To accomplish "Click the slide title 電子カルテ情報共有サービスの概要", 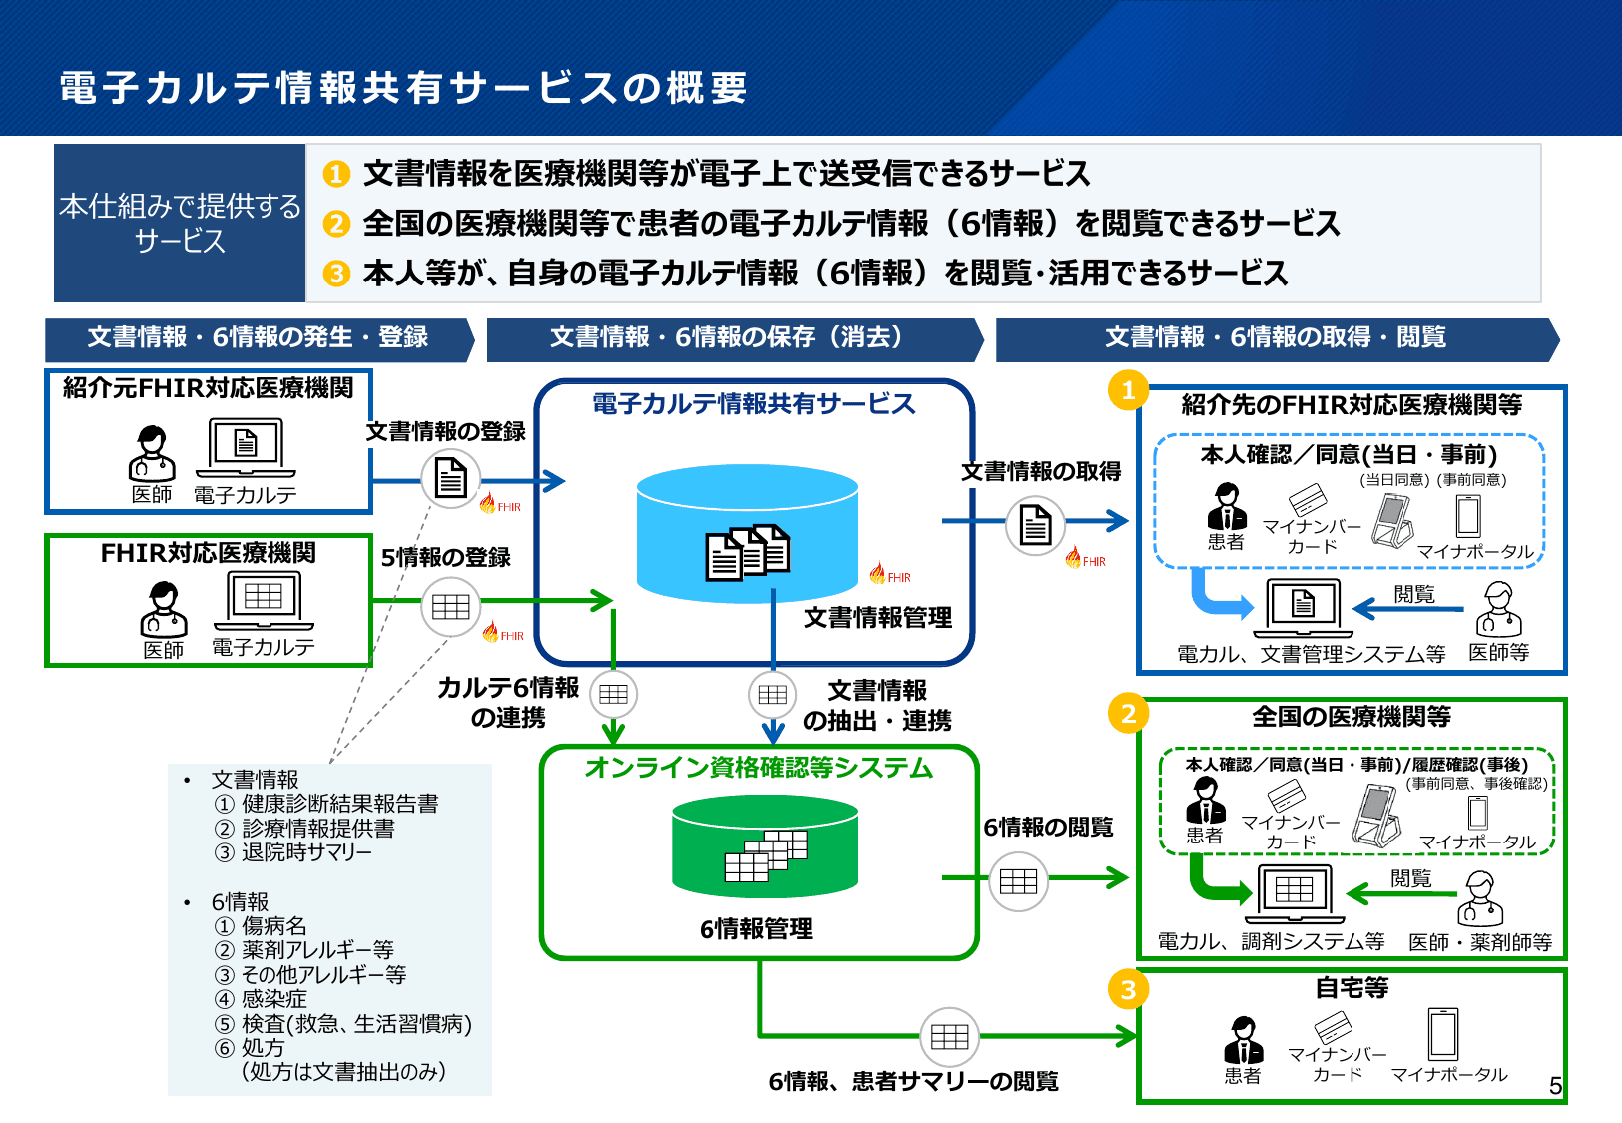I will (403, 88).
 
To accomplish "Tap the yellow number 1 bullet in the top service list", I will (336, 174).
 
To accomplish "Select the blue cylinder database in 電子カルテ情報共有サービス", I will (747, 535).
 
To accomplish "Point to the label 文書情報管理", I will (877, 618).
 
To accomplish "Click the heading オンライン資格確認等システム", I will (759, 768).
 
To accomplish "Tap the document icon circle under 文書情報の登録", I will (451, 479).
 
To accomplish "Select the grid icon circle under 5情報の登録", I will (451, 606).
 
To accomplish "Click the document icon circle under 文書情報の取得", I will (1035, 524).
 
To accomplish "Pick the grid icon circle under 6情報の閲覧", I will (1018, 881).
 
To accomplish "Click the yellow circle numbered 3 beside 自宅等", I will (1128, 990).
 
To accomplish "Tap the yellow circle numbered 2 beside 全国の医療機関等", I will (1128, 714).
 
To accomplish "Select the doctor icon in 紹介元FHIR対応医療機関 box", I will (152, 453).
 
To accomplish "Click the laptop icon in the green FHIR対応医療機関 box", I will (264, 601).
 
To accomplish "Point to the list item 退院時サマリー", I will (306, 852).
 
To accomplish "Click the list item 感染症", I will (274, 999).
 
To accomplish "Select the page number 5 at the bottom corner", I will (1555, 1086).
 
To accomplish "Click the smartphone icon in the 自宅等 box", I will (1443, 1033).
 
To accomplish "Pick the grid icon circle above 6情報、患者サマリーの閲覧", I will (949, 1037).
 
